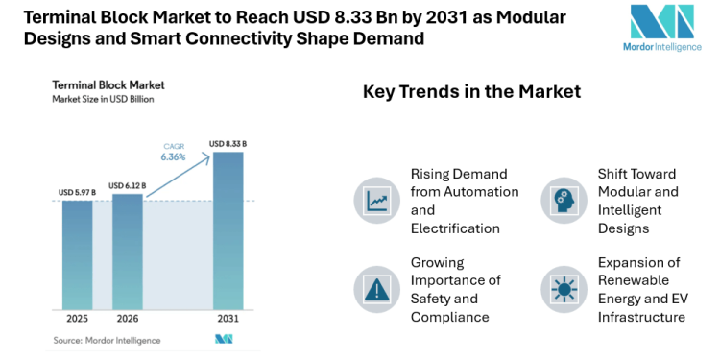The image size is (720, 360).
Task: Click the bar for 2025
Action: pyautogui.click(x=78, y=254)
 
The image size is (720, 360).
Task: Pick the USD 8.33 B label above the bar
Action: pyautogui.click(x=228, y=144)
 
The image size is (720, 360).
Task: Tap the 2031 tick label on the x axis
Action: pyautogui.click(x=228, y=319)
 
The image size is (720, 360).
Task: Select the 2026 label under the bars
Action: pyautogui.click(x=128, y=319)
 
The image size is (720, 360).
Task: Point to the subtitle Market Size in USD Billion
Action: pyautogui.click(x=103, y=99)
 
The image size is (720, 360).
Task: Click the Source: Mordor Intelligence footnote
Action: pyautogui.click(x=107, y=340)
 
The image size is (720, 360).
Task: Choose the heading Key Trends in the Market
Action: pyautogui.click(x=471, y=92)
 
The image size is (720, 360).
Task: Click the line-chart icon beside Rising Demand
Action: pyautogui.click(x=375, y=201)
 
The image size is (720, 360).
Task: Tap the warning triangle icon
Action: pyautogui.click(x=375, y=289)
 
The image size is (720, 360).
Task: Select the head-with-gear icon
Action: pyautogui.click(x=563, y=201)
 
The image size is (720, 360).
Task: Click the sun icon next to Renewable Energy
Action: pyautogui.click(x=563, y=289)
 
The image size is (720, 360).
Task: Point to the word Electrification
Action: pyautogui.click(x=455, y=228)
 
